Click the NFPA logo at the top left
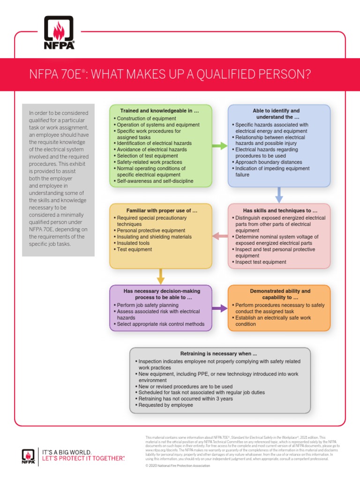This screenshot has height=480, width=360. tap(59, 32)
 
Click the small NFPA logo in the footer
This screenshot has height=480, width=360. tap(28, 456)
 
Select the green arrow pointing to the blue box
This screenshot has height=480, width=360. tap(219, 146)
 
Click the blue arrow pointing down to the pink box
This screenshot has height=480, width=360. tap(279, 195)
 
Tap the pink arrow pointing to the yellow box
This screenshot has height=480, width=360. tap(220, 236)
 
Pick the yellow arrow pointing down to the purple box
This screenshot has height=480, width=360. tap(161, 277)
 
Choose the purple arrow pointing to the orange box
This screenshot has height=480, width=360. tap(219, 308)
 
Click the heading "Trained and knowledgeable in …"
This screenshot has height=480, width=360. tap(160, 111)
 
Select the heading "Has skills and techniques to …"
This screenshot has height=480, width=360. tap(280, 211)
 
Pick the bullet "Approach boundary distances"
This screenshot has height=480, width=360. tap(269, 162)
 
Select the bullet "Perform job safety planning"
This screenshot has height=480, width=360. tap(148, 305)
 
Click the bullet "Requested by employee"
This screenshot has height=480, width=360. tap(165, 405)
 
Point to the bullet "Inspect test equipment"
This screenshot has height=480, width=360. tap(261, 262)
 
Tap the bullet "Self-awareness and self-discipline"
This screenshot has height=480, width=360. tap(155, 181)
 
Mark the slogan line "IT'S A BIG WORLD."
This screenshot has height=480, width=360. tap(67, 452)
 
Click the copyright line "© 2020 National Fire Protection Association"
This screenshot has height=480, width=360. tap(178, 466)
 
